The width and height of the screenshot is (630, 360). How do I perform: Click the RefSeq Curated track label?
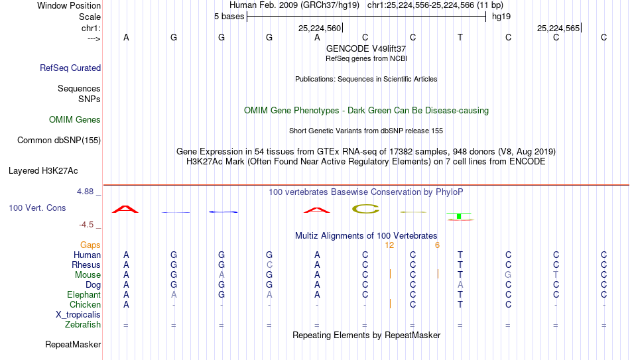click(70, 68)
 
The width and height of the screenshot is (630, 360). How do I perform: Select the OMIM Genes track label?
click(75, 120)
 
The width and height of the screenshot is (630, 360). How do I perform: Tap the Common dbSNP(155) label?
click(59, 141)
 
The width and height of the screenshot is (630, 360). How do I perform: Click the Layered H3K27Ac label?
click(43, 171)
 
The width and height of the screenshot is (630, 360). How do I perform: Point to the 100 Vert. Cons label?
click(37, 208)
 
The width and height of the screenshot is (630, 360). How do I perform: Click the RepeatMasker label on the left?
click(73, 344)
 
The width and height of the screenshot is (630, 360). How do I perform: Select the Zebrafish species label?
click(83, 325)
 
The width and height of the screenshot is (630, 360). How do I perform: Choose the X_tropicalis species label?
click(78, 315)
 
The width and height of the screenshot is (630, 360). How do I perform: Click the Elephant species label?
click(84, 294)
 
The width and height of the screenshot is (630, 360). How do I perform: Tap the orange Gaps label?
click(90, 245)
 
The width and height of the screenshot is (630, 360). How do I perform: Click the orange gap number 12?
click(389, 245)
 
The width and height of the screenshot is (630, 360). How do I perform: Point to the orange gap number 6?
click(437, 245)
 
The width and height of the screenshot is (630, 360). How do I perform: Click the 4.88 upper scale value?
click(85, 192)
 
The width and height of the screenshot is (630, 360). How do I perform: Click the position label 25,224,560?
click(320, 28)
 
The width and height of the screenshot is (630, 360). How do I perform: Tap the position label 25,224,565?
click(558, 28)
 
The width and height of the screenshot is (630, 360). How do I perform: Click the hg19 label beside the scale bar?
click(501, 17)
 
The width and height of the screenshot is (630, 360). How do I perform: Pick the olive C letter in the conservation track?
click(365, 209)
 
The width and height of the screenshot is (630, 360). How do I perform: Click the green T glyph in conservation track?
click(459, 216)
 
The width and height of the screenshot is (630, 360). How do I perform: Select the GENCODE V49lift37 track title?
click(366, 48)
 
